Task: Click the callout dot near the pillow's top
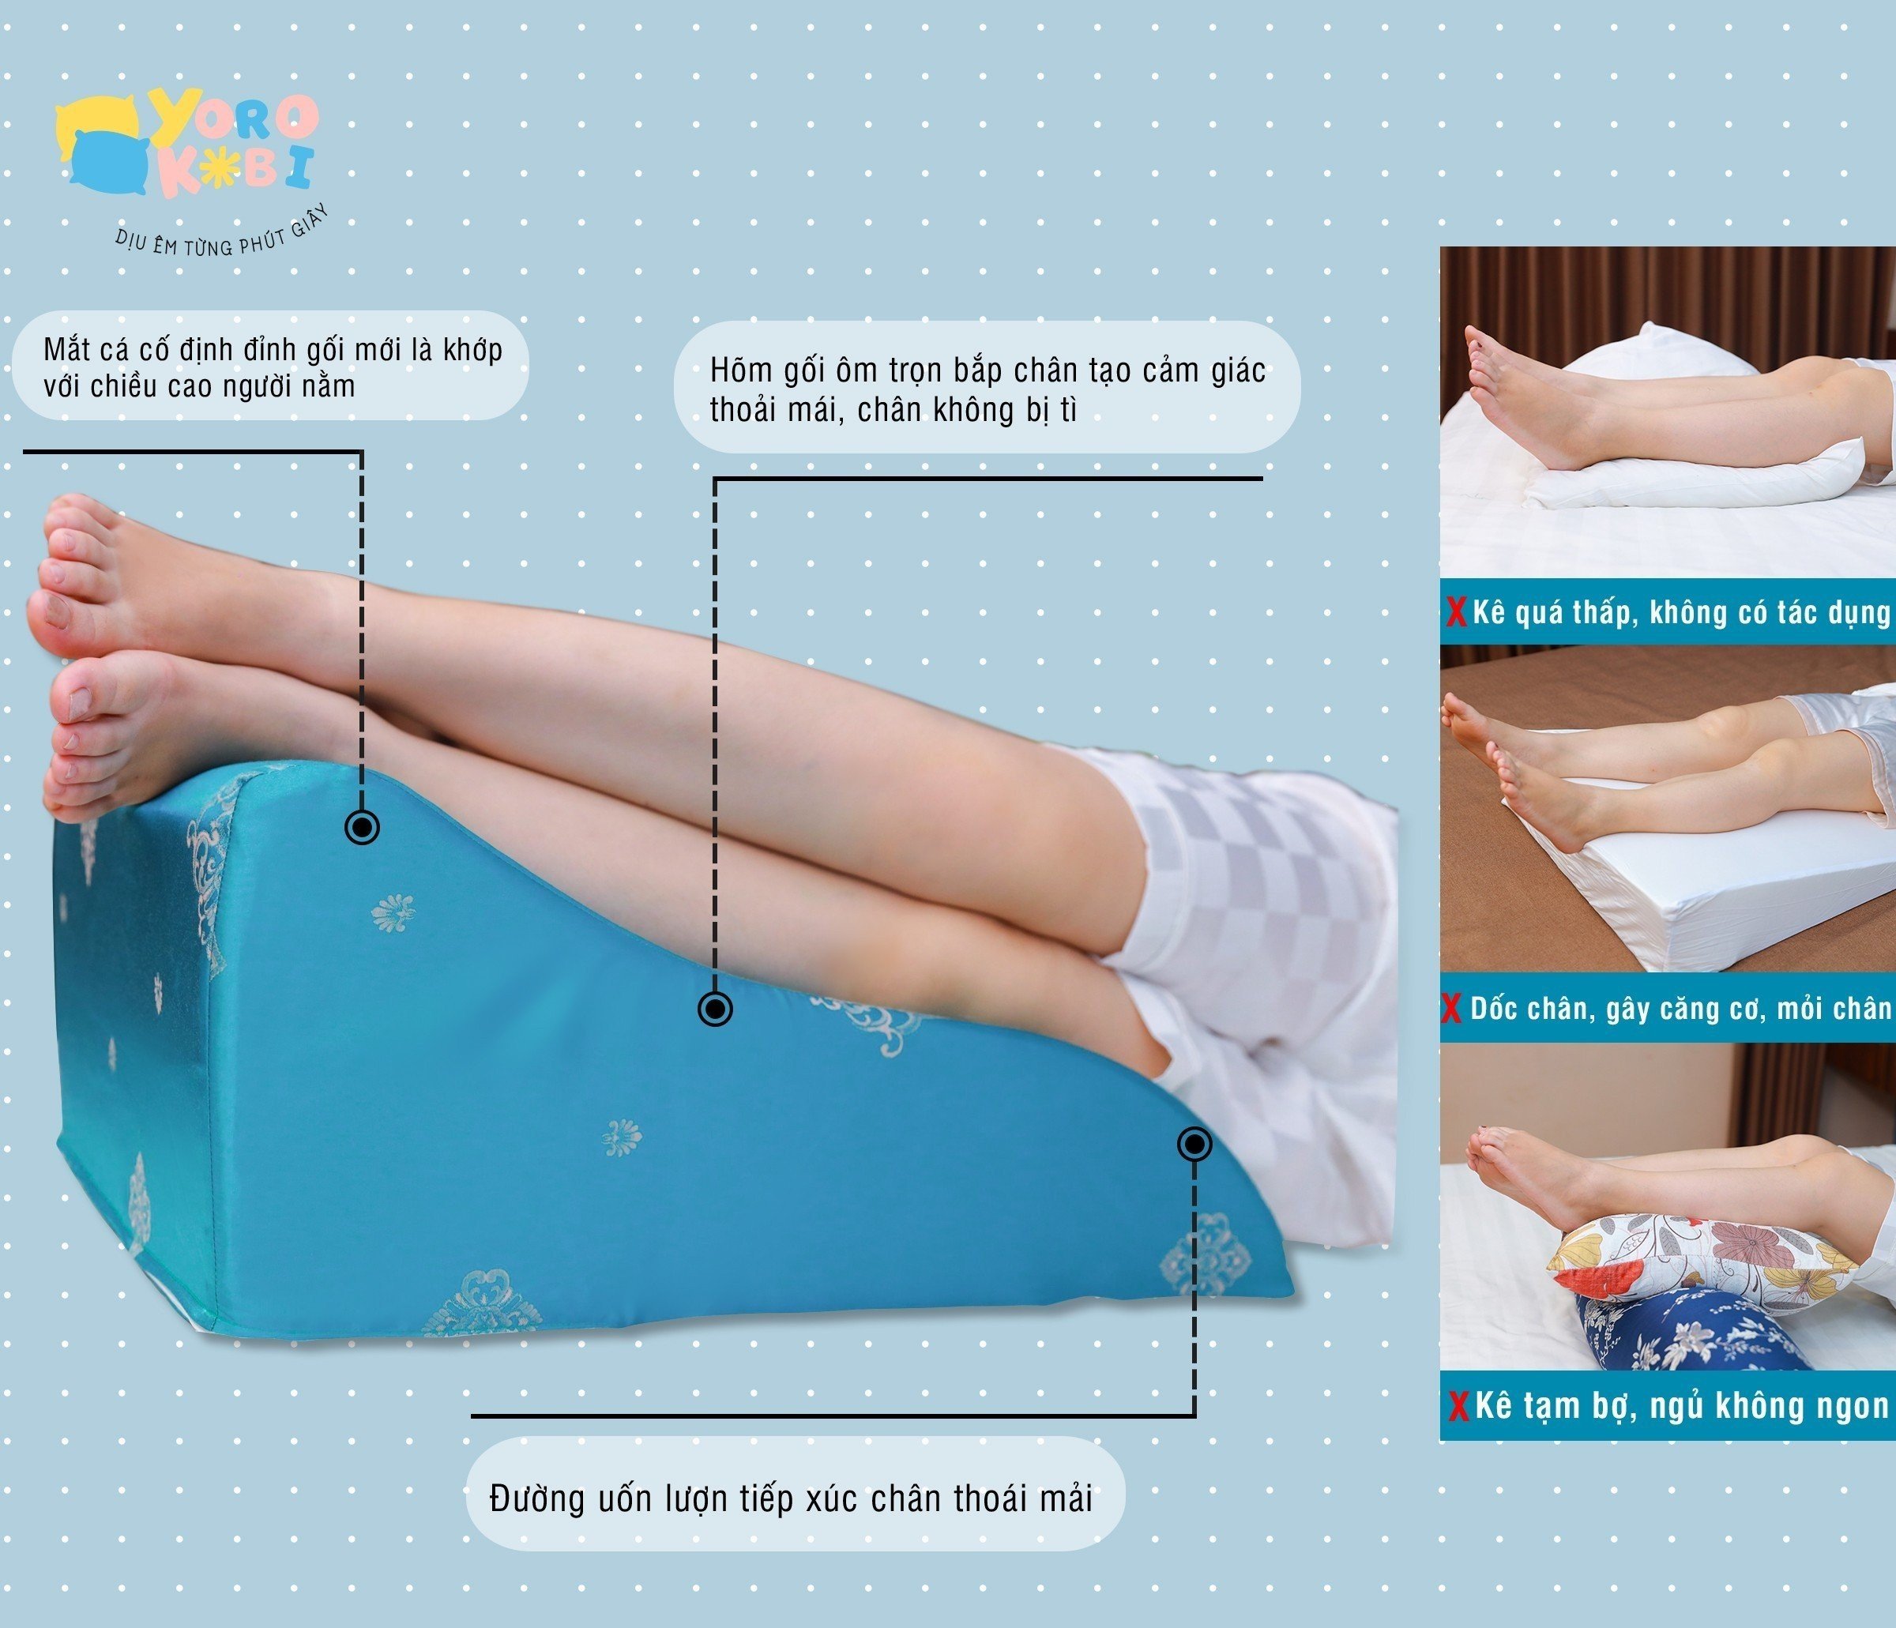(x=363, y=827)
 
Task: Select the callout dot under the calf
(x=715, y=1010)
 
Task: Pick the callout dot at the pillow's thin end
(x=1194, y=1144)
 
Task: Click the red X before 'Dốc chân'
(x=1452, y=1010)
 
